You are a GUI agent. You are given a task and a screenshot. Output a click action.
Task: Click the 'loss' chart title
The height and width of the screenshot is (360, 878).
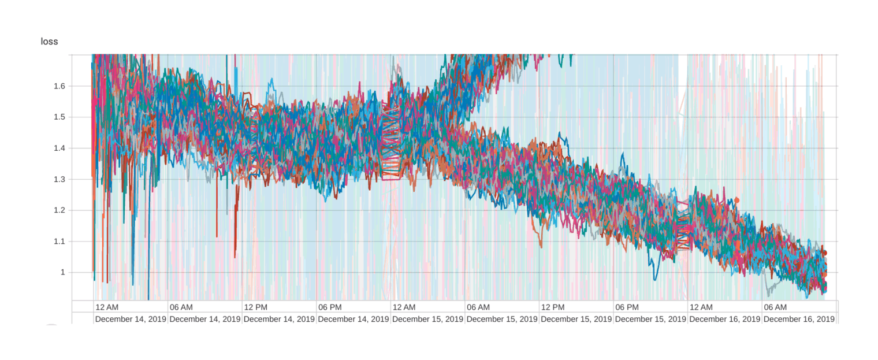tap(49, 42)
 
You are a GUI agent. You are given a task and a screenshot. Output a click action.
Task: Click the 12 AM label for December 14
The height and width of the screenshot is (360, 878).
tap(107, 307)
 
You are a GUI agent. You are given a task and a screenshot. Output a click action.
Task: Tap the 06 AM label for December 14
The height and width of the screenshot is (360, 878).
tap(181, 307)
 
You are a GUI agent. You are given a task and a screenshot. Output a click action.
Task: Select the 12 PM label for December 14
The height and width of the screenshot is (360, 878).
tap(255, 307)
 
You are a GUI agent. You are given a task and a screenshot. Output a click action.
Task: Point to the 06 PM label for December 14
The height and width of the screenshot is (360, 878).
tap(329, 307)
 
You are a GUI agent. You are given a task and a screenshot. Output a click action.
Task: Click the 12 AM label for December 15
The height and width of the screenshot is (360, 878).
tap(403, 307)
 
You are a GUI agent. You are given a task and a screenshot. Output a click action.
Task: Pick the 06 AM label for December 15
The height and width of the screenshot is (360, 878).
tap(478, 307)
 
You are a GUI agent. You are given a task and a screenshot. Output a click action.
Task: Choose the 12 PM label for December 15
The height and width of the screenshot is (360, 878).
tap(552, 307)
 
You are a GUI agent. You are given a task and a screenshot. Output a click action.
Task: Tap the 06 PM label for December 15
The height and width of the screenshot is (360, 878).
tap(626, 307)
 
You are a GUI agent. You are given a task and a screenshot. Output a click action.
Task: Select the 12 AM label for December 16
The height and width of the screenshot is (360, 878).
tap(701, 307)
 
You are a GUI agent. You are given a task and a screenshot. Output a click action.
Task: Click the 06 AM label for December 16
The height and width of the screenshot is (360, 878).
tap(775, 307)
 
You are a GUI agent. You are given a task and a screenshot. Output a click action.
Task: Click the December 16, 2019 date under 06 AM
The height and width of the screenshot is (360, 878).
tap(799, 318)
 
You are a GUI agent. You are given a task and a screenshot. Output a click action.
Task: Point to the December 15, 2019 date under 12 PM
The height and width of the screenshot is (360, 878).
tap(576, 318)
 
